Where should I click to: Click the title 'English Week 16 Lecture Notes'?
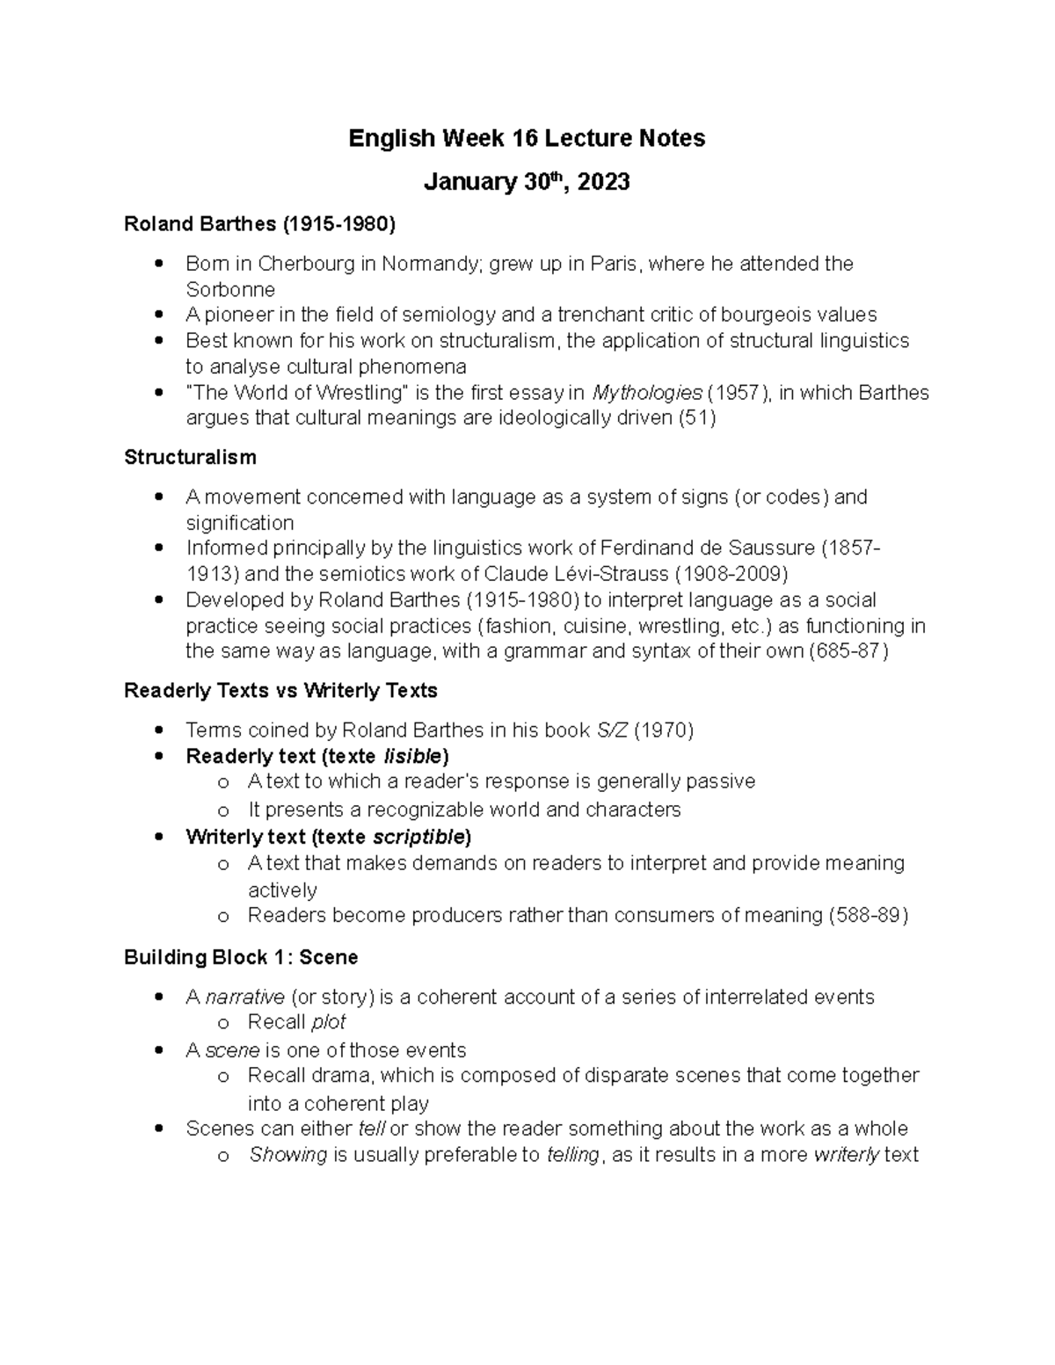(x=527, y=139)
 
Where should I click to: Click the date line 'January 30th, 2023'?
(x=527, y=182)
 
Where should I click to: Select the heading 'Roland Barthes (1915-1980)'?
(x=259, y=224)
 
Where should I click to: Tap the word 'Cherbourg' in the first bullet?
(x=305, y=264)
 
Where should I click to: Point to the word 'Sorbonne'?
(x=230, y=290)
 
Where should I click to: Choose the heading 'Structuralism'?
(x=190, y=458)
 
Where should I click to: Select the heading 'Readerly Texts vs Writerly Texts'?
(x=280, y=691)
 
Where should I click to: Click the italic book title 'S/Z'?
(x=612, y=730)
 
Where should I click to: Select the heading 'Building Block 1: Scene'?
(x=240, y=957)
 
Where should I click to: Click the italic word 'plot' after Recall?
(x=328, y=1022)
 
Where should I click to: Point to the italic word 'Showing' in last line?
(x=288, y=1155)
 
